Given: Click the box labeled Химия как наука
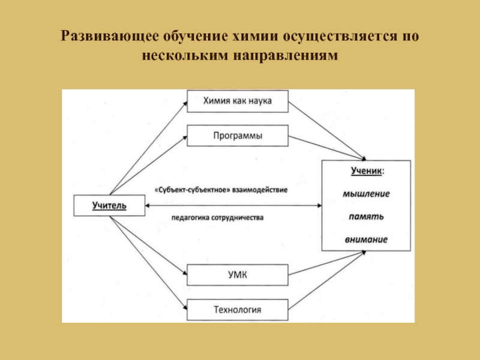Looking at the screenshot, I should [238, 101].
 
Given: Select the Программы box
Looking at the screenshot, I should [238, 136].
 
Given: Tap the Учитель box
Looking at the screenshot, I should [109, 206].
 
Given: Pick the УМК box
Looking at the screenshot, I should [238, 275].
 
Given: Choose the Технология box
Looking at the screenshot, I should [238, 310].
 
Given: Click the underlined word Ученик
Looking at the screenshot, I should [365, 170].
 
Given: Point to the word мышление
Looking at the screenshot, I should [366, 194].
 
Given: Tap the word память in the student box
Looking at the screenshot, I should [366, 216].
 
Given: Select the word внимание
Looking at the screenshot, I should [366, 239].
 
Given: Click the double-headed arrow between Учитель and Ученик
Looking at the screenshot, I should [234, 206].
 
